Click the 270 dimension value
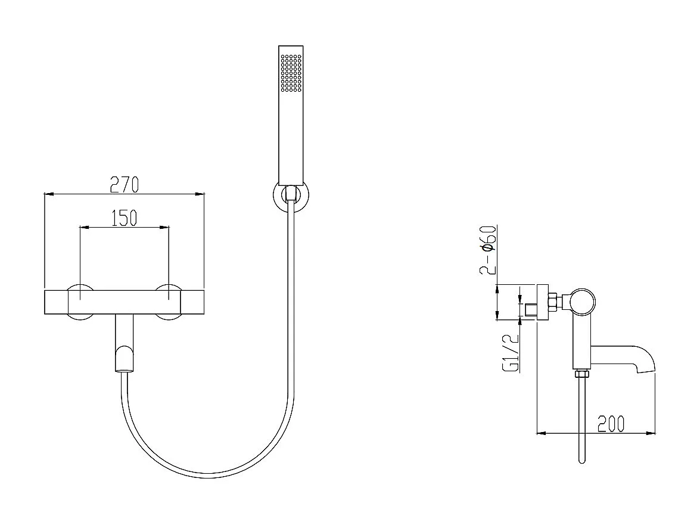coord(125,184)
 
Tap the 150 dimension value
coord(124,218)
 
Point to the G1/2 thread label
coord(511,353)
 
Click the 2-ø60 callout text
coord(488,250)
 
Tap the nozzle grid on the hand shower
coord(291,73)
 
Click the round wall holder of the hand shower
coord(291,197)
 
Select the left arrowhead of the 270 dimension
coord(49,194)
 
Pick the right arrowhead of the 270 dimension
coord(200,194)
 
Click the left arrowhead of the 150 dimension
coord(85,227)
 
